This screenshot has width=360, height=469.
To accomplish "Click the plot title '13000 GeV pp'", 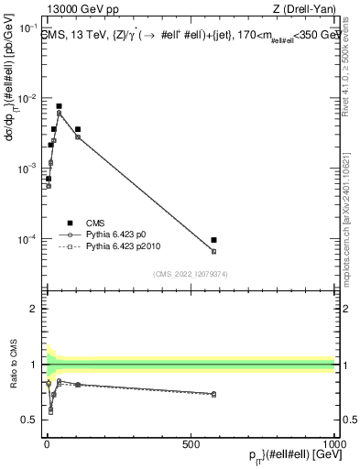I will pos(76,10).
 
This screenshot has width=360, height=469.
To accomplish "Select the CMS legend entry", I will pos(96,223).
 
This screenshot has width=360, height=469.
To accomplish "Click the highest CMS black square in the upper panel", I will pos(59,106).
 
